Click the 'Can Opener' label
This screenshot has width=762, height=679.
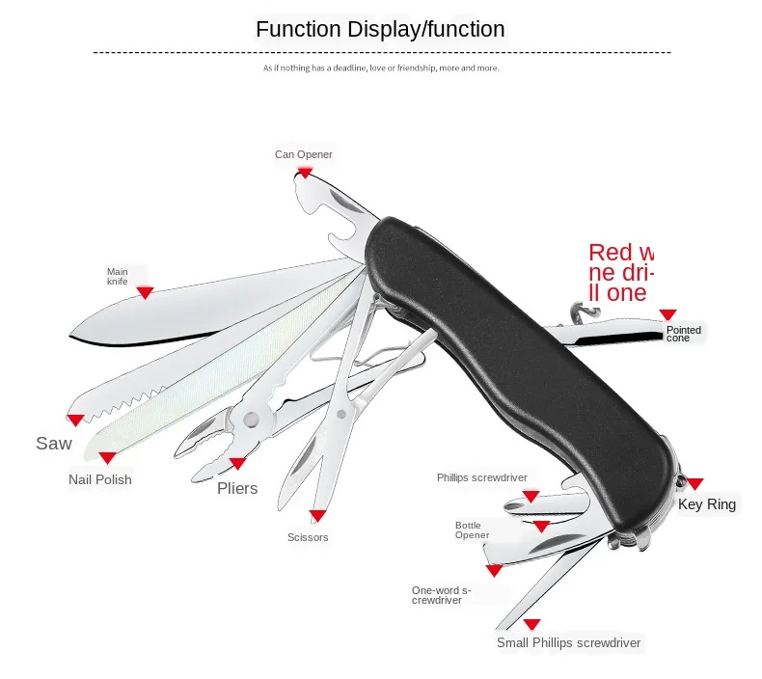coord(303,154)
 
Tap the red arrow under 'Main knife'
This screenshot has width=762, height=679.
coord(145,292)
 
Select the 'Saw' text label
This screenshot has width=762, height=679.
coord(54,443)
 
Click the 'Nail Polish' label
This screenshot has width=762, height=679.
coord(100,479)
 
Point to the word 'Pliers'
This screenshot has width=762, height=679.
coord(237,488)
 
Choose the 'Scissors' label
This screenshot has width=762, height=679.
coord(308,537)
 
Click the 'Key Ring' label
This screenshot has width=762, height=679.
coord(707,503)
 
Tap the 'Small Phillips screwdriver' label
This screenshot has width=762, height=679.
coord(568,642)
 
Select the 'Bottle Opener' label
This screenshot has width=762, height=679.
coord(473,530)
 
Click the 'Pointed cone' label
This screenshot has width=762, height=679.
coord(684,334)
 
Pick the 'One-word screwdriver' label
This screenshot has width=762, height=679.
coord(441,595)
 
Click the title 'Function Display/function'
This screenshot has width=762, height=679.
coord(380,30)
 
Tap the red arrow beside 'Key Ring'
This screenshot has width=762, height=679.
coord(694,483)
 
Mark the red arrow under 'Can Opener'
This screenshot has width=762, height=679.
coord(305,172)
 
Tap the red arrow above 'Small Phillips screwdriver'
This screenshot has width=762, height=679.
coord(531,624)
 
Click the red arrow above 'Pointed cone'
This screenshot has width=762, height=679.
coord(667,315)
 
